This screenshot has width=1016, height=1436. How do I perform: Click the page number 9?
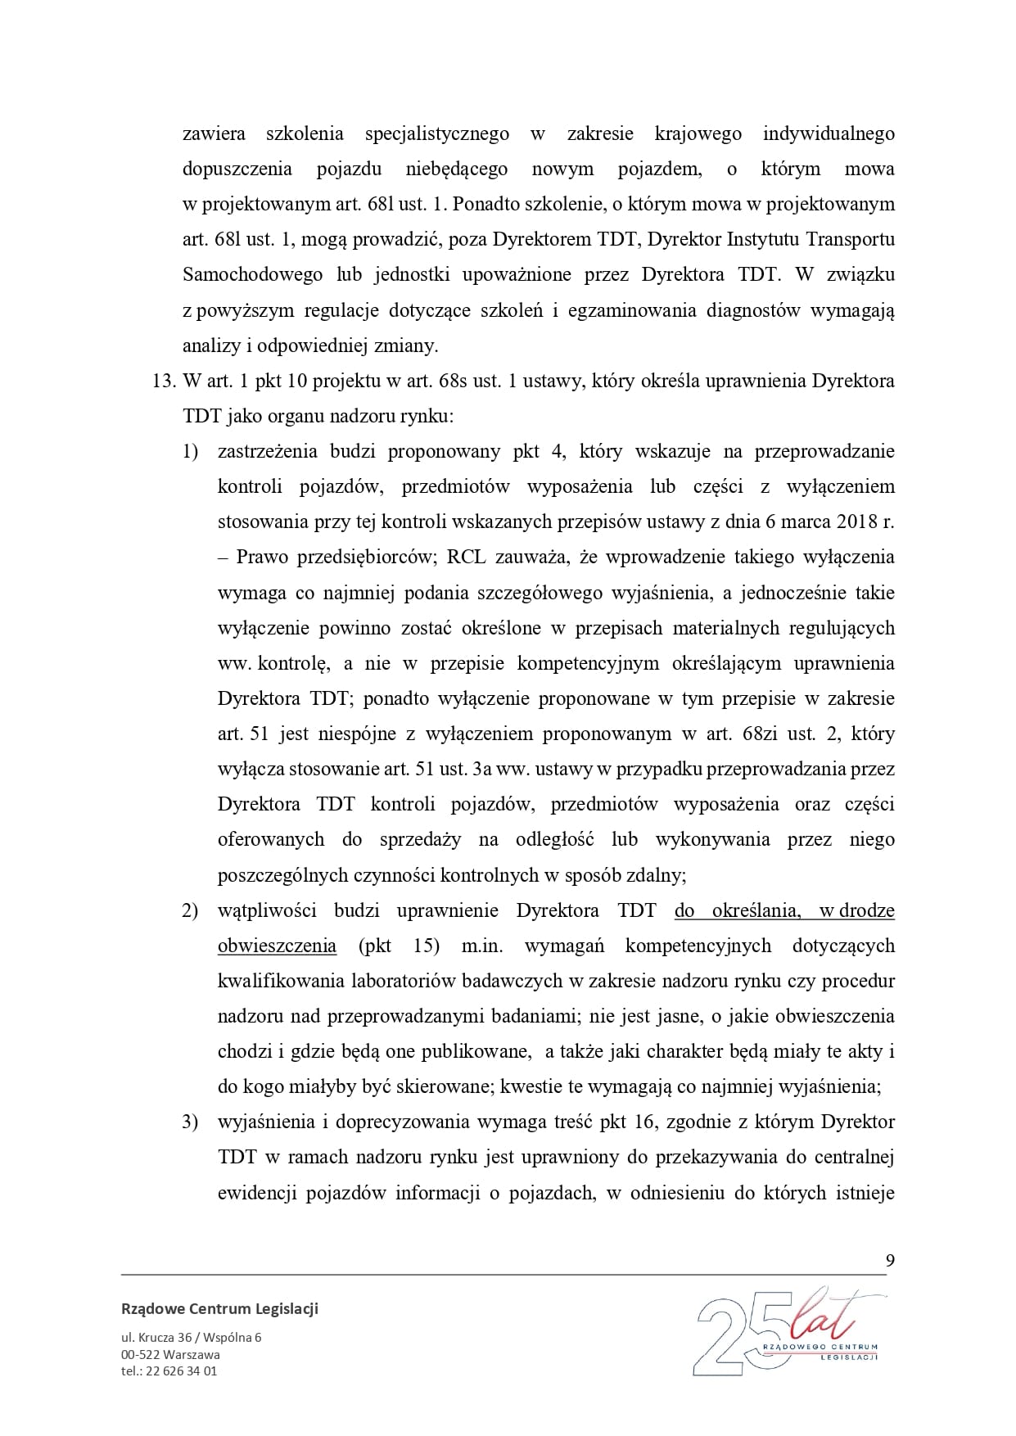(x=890, y=1260)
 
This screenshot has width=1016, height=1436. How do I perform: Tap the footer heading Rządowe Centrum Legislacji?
(x=219, y=1308)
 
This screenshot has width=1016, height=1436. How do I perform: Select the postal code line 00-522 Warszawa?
(x=170, y=1354)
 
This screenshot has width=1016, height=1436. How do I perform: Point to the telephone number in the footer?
(x=169, y=1371)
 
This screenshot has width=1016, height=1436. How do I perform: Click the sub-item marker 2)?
(x=190, y=911)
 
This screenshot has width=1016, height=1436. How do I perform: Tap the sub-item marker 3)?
(x=190, y=1122)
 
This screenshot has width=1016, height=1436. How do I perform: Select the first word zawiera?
(x=214, y=133)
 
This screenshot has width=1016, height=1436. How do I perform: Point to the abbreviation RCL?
(x=467, y=558)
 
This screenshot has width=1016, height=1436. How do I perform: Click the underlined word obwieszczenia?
(x=277, y=946)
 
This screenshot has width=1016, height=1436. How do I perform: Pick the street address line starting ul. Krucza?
(x=191, y=1338)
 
